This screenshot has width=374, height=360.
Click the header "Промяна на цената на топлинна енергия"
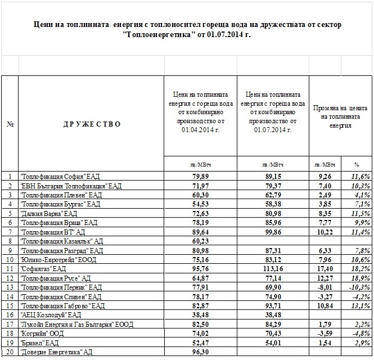[x=340, y=116]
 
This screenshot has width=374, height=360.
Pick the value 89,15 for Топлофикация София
[x=273, y=177]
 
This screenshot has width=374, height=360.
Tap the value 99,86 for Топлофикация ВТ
[x=273, y=232]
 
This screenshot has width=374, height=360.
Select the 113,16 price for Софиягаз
[x=272, y=269]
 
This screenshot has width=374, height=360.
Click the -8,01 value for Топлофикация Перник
[x=325, y=287]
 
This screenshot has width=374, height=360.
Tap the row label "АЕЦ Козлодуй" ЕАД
[x=51, y=315]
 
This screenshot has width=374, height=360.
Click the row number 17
[x=10, y=324]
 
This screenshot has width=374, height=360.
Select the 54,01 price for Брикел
[x=273, y=343]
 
